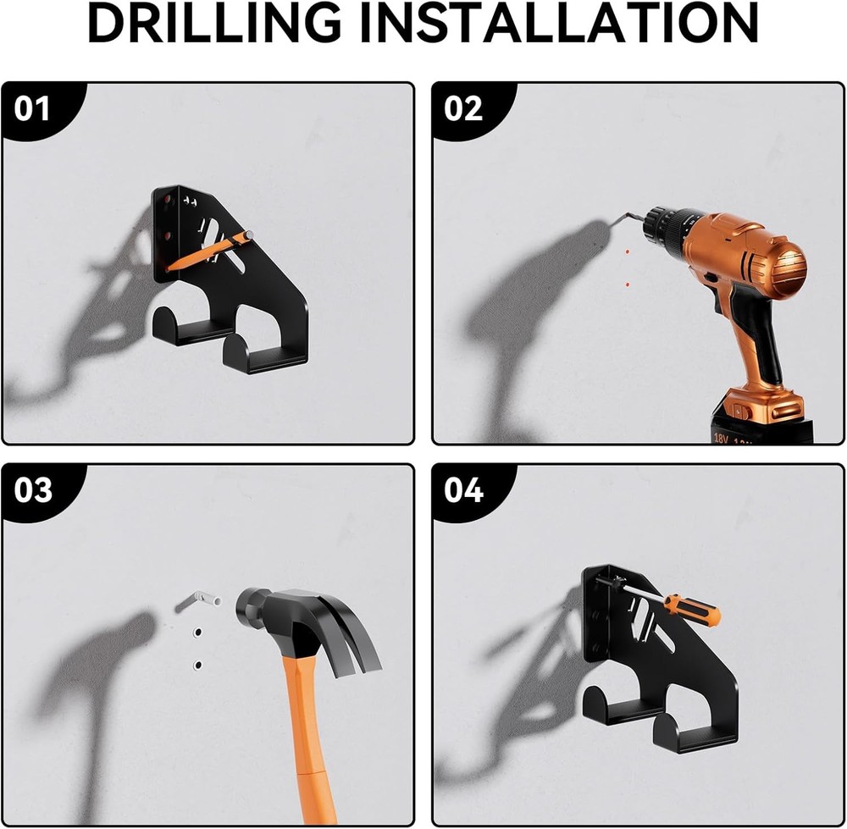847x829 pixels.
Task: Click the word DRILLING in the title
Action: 216,25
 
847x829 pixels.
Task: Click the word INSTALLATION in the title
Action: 559,25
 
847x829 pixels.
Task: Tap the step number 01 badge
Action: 33,110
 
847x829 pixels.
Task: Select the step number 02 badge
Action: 463,110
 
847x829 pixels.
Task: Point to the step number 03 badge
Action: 33,491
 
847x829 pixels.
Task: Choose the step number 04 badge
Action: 463,491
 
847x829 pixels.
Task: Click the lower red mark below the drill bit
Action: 627,285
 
